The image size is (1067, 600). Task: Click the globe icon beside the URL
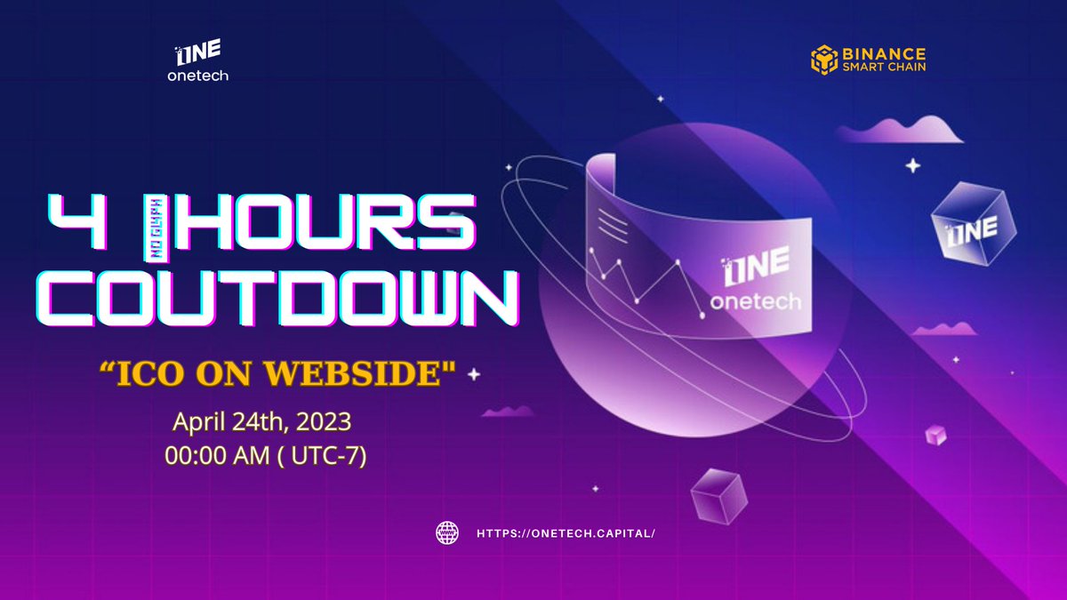coord(447,532)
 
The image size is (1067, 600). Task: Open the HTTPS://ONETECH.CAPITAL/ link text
coord(566,533)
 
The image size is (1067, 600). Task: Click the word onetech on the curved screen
coord(755,301)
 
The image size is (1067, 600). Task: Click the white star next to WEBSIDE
coord(474,375)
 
